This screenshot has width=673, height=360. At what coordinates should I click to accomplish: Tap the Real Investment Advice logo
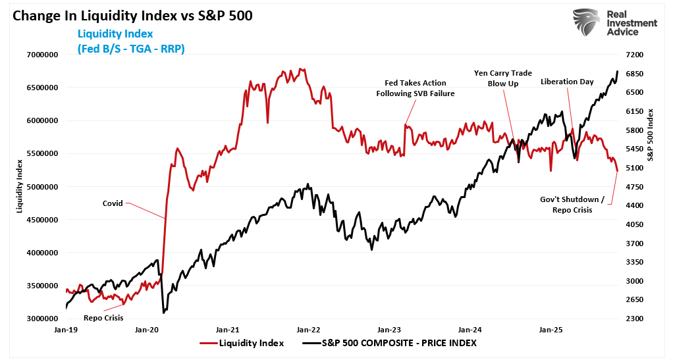pos(615,24)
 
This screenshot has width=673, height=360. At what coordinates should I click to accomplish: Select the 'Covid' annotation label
pos(112,203)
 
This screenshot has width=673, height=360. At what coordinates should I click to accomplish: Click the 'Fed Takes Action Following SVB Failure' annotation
pos(415,88)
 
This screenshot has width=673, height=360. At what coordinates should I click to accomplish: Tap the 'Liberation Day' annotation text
pos(567,82)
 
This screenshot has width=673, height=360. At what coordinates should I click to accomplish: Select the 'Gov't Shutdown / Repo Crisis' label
pos(572,205)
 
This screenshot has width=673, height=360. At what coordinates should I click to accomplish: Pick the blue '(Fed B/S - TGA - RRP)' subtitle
pos(130,48)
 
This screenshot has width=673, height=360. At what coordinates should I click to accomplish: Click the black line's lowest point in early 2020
pos(163,312)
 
